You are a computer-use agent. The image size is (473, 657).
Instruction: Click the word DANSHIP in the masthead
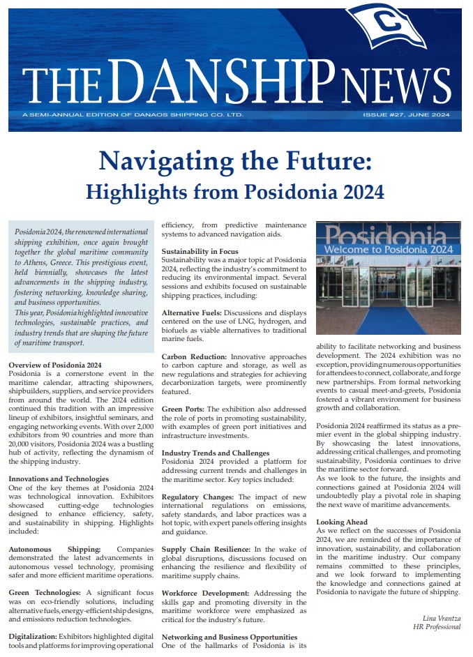point(230,82)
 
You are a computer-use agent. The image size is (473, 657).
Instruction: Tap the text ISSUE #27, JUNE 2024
point(406,115)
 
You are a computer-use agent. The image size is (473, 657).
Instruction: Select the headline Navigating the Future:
point(235,161)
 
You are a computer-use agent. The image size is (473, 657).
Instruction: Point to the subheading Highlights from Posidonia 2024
point(235,190)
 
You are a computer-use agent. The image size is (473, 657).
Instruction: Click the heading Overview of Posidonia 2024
point(55,365)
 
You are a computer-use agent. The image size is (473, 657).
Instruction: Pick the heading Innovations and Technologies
point(59,478)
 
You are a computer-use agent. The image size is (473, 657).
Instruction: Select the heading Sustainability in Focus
point(200,251)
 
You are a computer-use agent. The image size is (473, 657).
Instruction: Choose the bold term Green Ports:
point(183,409)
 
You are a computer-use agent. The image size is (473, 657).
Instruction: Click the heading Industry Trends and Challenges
point(216,453)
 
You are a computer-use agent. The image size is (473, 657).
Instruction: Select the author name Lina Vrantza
point(442,618)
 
